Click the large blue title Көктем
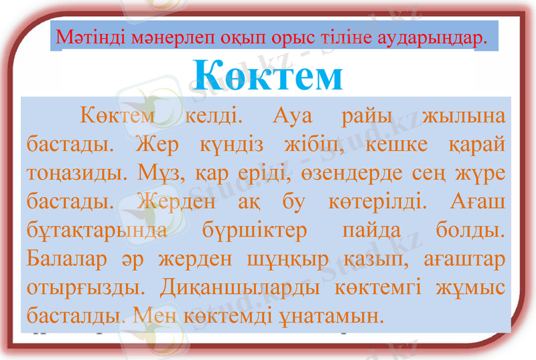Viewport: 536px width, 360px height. click(268, 75)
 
